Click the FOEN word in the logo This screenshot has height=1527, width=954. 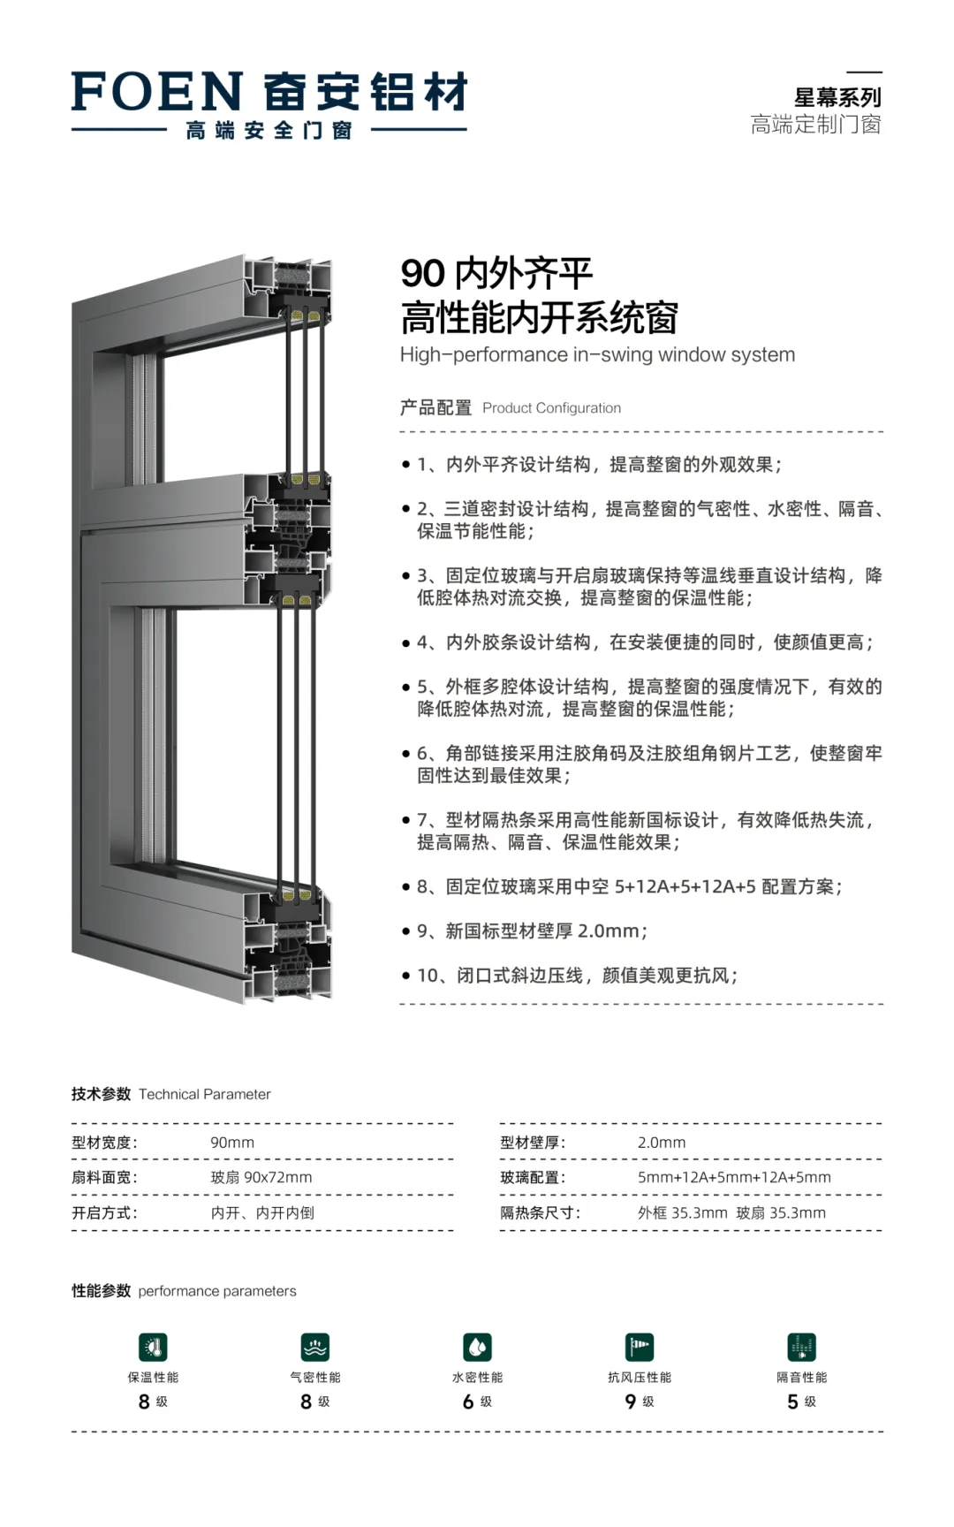point(157,92)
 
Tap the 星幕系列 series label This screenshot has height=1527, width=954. point(837,97)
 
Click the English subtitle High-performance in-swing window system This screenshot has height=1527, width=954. point(597,355)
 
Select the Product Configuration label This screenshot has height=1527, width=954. point(551,408)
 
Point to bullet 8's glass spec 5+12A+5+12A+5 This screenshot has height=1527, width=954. point(685,886)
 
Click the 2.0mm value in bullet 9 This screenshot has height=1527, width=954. point(609,931)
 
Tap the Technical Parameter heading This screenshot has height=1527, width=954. point(204,1094)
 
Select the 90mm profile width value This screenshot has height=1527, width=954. point(232,1143)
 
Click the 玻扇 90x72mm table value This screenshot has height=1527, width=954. point(261,1177)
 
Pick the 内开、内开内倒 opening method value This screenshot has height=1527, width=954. point(262,1213)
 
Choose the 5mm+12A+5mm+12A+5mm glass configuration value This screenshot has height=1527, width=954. point(734,1177)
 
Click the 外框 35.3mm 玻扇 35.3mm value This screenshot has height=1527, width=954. point(731,1213)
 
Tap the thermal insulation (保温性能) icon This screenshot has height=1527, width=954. point(153,1348)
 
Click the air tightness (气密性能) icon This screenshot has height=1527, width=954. point(315,1348)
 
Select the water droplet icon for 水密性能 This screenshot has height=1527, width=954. point(477,1348)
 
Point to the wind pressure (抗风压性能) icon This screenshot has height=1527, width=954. point(640,1348)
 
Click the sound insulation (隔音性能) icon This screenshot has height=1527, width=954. point(801,1348)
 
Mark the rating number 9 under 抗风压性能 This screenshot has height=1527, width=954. point(631,1402)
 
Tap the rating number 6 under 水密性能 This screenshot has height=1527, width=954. point(468,1402)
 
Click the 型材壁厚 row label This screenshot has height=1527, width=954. point(533,1143)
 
